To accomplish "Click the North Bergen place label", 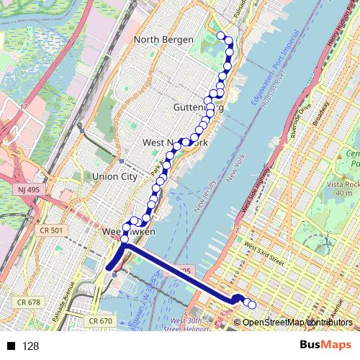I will (x=165, y=40).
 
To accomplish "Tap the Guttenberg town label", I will (x=199, y=107).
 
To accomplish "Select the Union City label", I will (x=114, y=176).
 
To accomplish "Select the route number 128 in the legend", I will (x=30, y=346).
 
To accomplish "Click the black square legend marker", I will (x=9, y=346).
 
